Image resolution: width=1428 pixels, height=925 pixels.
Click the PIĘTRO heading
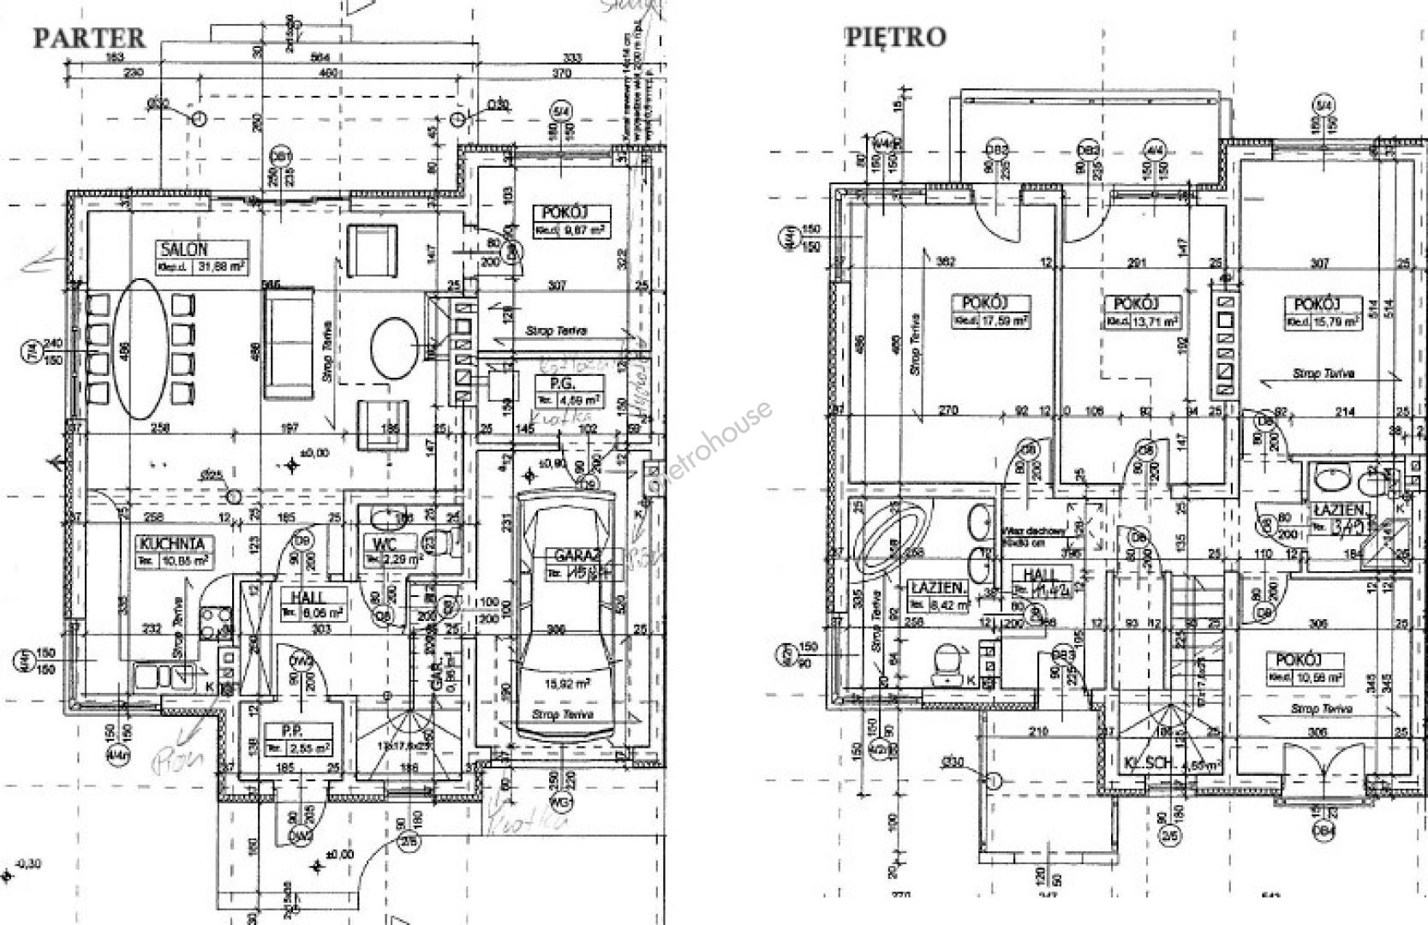(x=896, y=37)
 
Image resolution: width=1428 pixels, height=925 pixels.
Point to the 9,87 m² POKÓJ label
(x=562, y=213)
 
